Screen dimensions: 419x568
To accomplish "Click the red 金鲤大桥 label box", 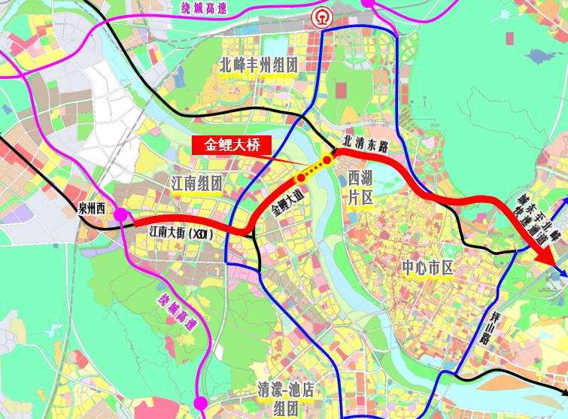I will [232, 146].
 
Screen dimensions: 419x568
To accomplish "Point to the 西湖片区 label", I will [361, 187].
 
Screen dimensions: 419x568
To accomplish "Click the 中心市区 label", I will [427, 266].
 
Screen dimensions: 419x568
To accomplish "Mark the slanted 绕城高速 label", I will [175, 311].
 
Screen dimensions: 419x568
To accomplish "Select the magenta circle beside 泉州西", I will [120, 216].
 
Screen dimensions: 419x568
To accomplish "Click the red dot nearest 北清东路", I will [327, 159].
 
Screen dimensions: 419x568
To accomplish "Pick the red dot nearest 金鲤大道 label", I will [300, 177].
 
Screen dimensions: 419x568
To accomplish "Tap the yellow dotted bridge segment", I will [314, 169].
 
